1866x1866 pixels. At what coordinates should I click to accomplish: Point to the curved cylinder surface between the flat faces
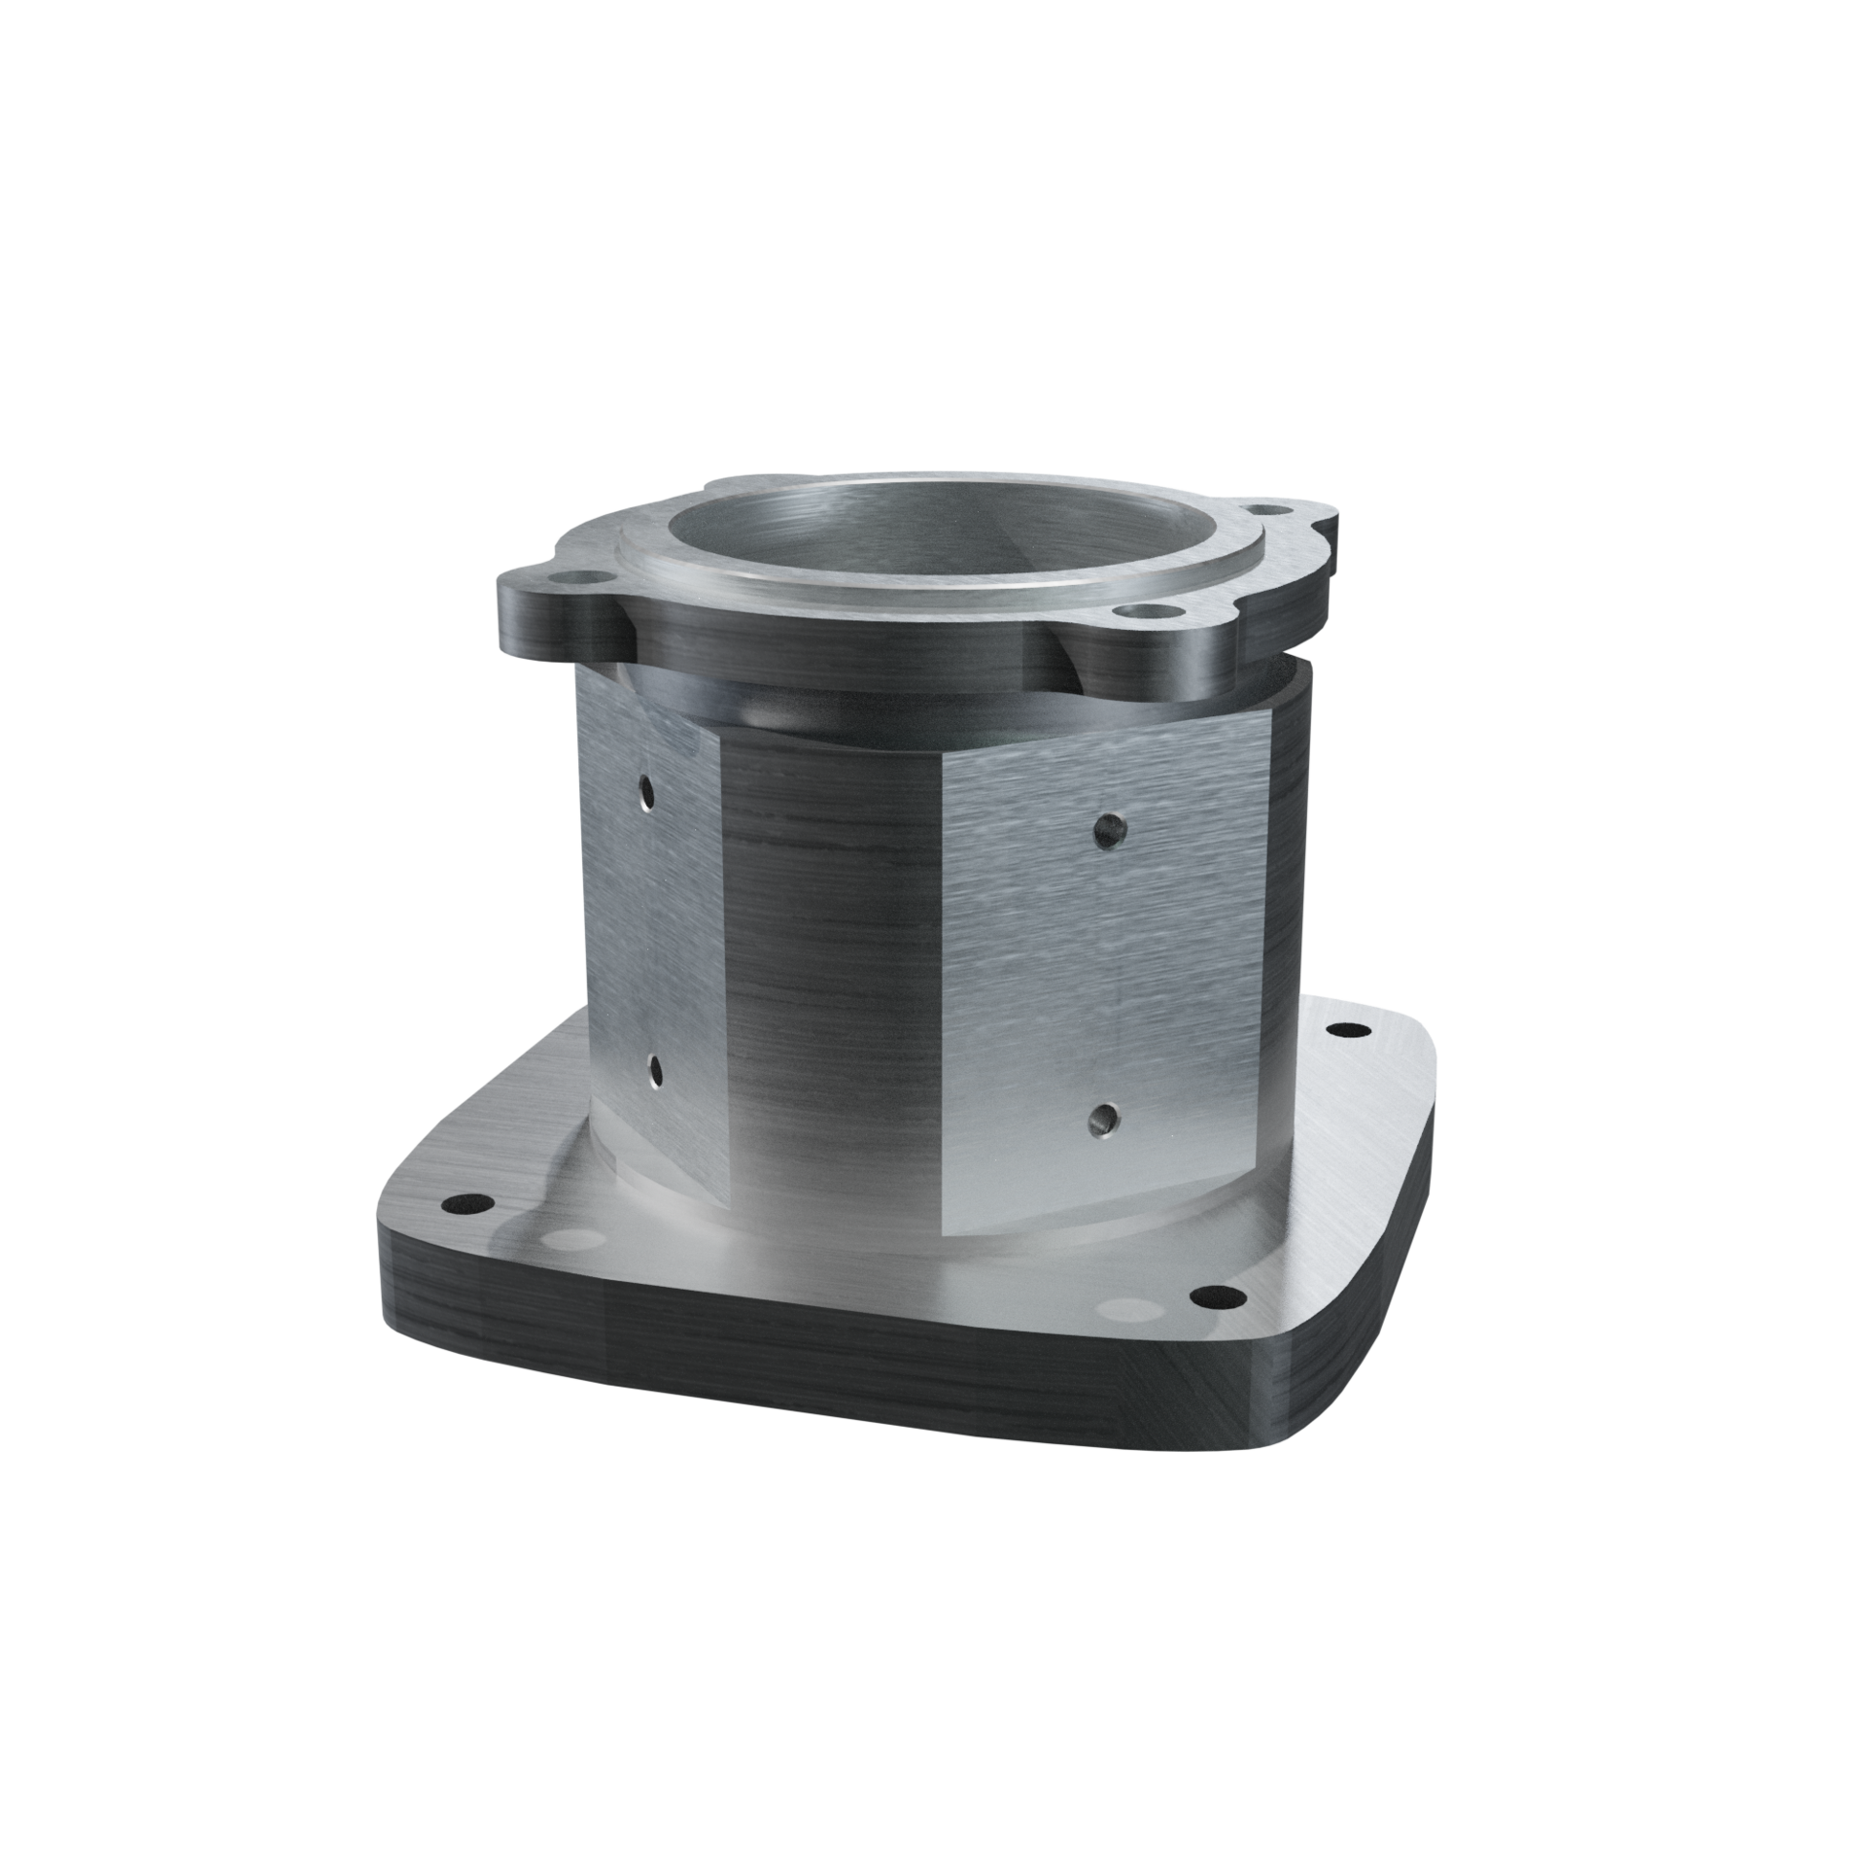tap(836, 972)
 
